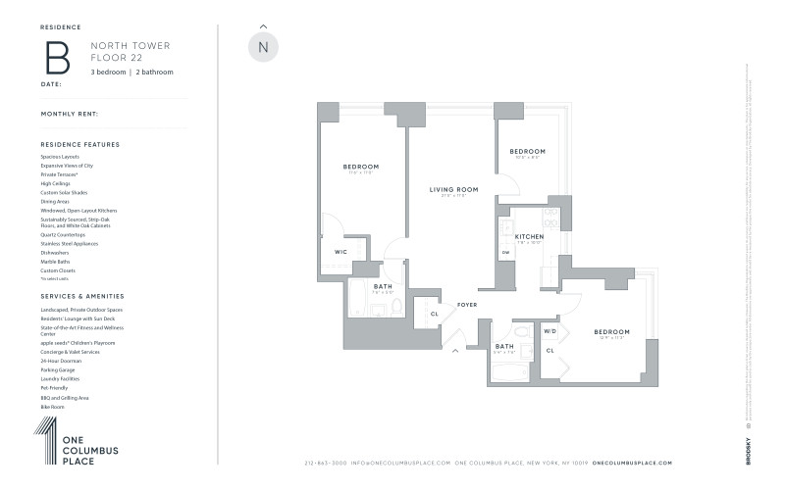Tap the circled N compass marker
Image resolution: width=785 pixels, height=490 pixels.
point(263,47)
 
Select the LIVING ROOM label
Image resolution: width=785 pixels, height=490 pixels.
point(453,189)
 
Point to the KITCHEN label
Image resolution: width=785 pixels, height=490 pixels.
point(529,236)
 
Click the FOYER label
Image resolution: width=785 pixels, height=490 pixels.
point(466,305)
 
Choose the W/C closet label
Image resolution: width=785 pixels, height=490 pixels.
point(340,252)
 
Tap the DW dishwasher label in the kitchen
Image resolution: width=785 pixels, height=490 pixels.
point(506,253)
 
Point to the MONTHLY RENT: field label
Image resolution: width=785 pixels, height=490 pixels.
point(70,114)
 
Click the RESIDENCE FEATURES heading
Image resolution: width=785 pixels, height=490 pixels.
point(79,144)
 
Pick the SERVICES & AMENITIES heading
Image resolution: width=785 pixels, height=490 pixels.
point(82,295)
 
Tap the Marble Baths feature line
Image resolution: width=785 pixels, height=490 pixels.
point(57,262)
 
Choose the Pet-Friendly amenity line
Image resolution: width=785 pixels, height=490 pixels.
point(56,387)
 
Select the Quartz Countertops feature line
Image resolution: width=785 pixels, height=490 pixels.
point(63,235)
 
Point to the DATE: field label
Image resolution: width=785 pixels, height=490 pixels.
point(51,82)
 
